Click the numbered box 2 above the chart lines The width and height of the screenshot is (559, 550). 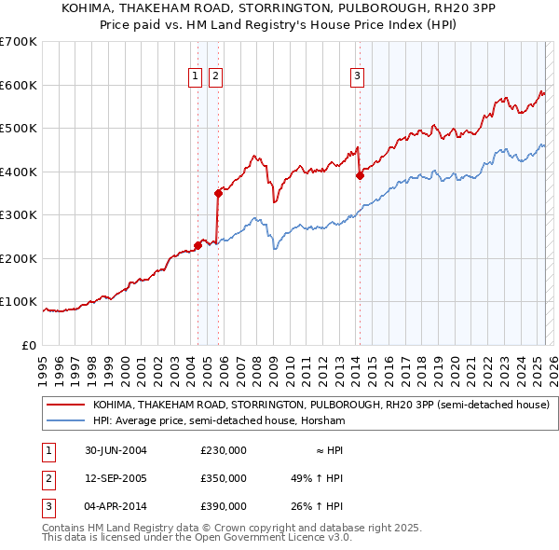[215, 76]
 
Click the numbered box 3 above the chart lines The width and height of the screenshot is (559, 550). [357, 76]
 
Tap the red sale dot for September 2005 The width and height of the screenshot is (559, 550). [218, 194]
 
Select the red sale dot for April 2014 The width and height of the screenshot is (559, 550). [359, 175]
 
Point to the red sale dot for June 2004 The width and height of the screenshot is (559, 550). [198, 246]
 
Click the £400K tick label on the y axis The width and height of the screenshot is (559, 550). [18, 172]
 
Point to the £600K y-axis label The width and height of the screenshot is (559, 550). [18, 85]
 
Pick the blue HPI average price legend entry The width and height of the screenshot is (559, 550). [219, 421]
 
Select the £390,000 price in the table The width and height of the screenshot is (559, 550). [223, 506]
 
